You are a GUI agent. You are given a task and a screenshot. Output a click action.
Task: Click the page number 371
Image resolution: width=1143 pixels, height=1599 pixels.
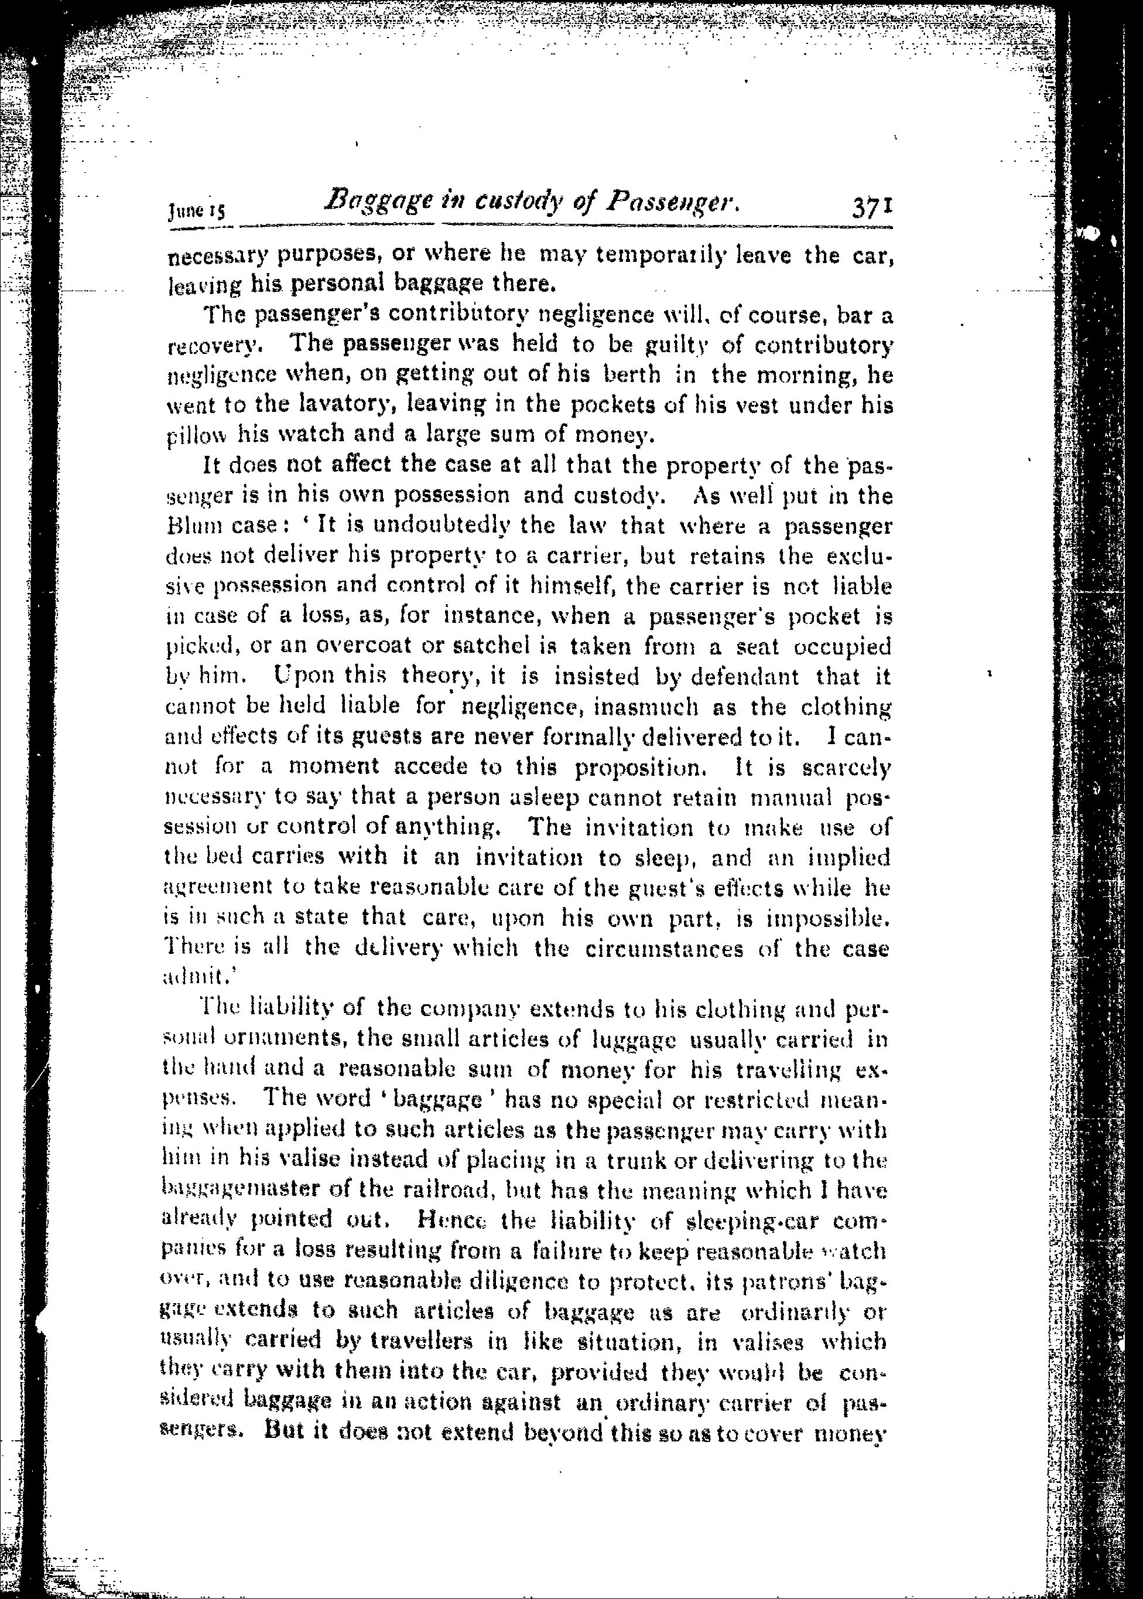click(x=871, y=209)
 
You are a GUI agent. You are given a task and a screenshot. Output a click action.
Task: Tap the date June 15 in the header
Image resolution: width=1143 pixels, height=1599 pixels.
click(x=196, y=210)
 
